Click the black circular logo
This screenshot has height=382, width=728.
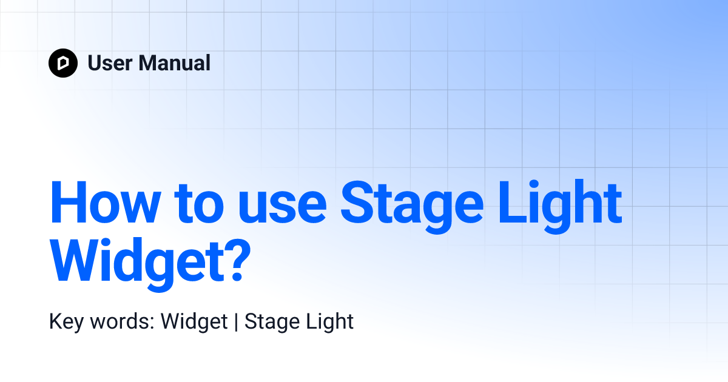(x=63, y=63)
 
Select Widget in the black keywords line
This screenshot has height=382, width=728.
(x=194, y=322)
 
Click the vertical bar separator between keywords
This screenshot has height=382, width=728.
(x=236, y=322)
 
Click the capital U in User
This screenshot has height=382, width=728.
(x=95, y=63)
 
